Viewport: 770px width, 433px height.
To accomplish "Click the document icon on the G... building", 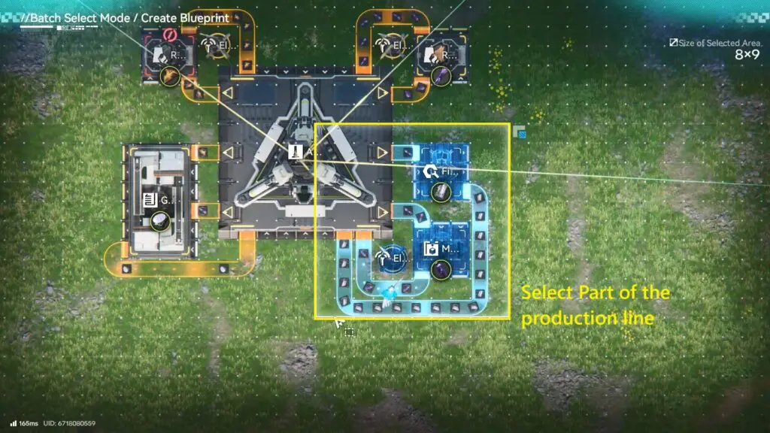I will click(150, 200).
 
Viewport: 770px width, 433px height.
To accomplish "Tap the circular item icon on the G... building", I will click(159, 220).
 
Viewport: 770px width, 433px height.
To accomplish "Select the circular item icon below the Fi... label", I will click(441, 192).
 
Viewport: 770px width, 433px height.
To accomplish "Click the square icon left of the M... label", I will click(431, 249).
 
